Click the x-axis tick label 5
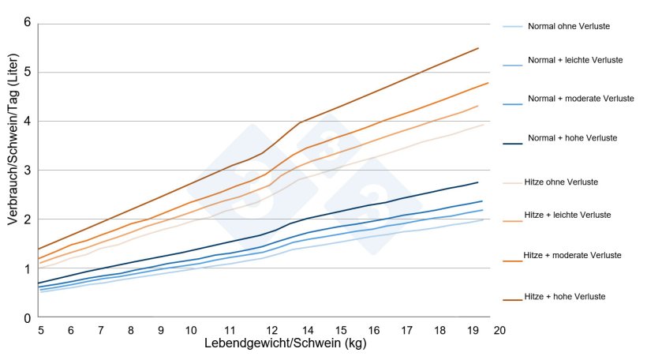click(41, 330)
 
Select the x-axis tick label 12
click(271, 330)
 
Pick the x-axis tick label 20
click(499, 330)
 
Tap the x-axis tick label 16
click(372, 330)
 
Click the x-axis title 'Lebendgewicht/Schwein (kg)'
click(285, 344)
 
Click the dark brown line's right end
click(478, 48)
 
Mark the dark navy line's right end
click(478, 182)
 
